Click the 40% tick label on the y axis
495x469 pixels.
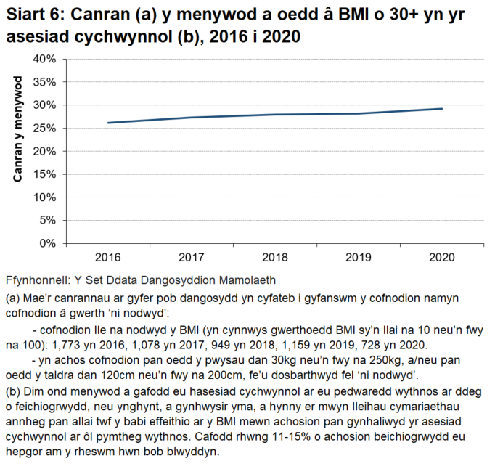pos(44,59)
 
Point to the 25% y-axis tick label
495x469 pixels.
pos(44,128)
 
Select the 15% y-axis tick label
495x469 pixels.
pos(44,174)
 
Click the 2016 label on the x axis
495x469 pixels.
pos(107,257)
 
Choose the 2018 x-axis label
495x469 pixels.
pos(274,257)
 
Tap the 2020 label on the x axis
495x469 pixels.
pos(442,257)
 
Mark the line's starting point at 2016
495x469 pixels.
pos(107,123)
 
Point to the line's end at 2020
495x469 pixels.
pos(442,109)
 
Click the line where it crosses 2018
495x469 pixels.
pos(274,115)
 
